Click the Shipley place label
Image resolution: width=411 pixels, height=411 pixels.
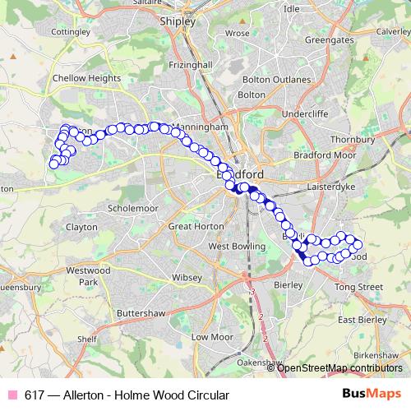click(178, 22)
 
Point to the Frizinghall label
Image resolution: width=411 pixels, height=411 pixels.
click(191, 64)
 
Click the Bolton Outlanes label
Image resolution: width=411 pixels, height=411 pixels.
click(277, 80)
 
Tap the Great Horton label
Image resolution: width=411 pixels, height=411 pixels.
click(191, 226)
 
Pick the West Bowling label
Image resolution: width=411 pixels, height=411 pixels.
click(236, 246)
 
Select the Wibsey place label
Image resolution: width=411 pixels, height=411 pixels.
click(187, 278)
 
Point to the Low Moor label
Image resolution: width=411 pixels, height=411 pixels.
click(208, 337)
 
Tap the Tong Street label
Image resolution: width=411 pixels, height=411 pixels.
click(359, 287)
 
